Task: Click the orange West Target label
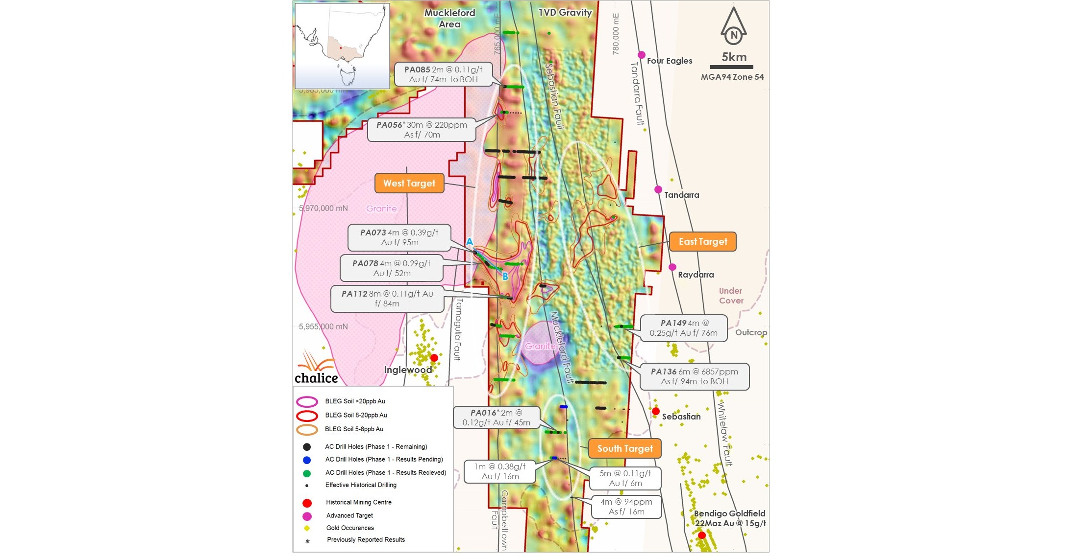[409, 183]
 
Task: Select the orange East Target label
[702, 241]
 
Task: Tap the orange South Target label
[624, 448]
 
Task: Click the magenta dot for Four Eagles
[641, 55]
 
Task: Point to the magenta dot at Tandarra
[658, 189]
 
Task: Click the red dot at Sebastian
[656, 411]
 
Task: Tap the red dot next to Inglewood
[434, 358]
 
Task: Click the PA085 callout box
[443, 74]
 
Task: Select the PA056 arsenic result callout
[422, 130]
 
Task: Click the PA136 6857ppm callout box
[694, 376]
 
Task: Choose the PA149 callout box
[683, 328]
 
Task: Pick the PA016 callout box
[496, 418]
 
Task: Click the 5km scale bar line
[731, 67]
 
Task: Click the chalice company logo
[316, 368]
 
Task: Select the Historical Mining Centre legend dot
[307, 503]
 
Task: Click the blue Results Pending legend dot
[307, 460]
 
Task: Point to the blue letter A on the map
[469, 242]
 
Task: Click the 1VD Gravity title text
[565, 12]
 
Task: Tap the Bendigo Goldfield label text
[729, 518]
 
